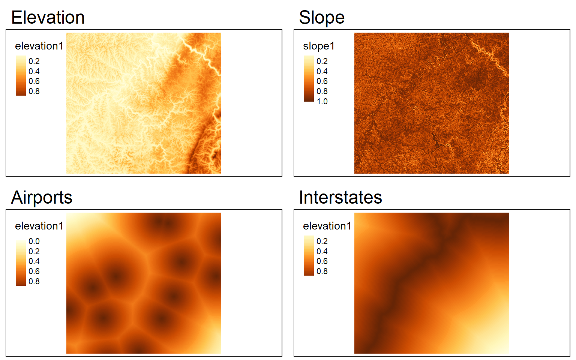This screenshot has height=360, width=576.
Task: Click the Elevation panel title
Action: click(x=48, y=18)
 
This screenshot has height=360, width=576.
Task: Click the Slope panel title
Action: click(x=322, y=18)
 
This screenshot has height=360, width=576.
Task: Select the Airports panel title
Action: click(x=42, y=198)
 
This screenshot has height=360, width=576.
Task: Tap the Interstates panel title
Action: click(x=340, y=198)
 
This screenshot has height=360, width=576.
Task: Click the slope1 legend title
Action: click(x=319, y=46)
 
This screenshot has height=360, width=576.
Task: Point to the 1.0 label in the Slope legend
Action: click(x=322, y=101)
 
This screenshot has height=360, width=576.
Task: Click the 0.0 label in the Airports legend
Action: click(x=34, y=241)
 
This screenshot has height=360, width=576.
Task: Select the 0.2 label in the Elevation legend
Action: click(x=34, y=61)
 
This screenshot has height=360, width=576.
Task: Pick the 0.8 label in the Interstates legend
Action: click(x=322, y=271)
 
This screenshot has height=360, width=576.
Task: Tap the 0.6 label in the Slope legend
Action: click(x=322, y=81)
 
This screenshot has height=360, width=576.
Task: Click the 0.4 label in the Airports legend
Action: click(x=34, y=261)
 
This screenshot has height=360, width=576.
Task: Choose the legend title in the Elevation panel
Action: click(x=39, y=46)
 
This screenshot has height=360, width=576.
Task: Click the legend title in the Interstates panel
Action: click(x=327, y=226)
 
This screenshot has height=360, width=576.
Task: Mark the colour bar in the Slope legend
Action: click(x=309, y=79)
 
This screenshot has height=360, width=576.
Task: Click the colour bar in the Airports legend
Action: click(x=21, y=263)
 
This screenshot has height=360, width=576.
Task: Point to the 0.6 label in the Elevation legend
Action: click(x=34, y=81)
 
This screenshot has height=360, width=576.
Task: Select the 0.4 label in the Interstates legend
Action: click(x=322, y=251)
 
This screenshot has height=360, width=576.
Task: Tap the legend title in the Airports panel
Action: click(x=39, y=226)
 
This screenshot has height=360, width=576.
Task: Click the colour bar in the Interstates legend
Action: click(x=309, y=256)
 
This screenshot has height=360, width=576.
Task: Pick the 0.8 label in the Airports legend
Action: click(x=34, y=281)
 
